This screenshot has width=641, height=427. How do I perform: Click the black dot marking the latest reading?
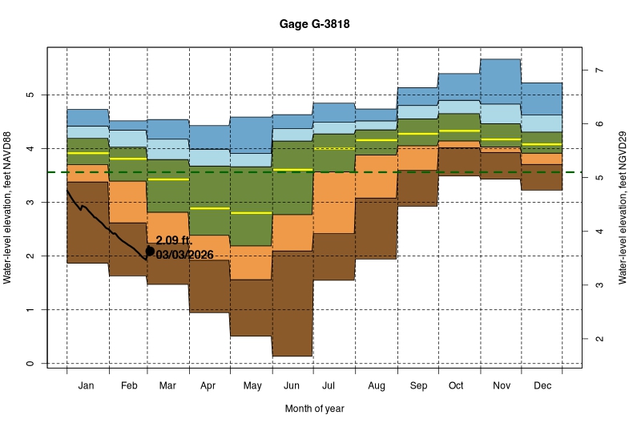(150, 251)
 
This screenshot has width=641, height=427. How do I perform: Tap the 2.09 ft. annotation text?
(174, 240)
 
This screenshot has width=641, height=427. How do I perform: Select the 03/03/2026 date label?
(185, 255)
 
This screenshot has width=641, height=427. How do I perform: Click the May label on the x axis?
(252, 386)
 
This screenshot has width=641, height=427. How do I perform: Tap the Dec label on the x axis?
(541, 386)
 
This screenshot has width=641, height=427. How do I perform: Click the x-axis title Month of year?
(314, 409)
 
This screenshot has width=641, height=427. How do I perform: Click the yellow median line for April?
(209, 208)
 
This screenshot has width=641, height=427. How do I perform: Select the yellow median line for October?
(458, 131)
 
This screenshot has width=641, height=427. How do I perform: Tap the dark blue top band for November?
(500, 81)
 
